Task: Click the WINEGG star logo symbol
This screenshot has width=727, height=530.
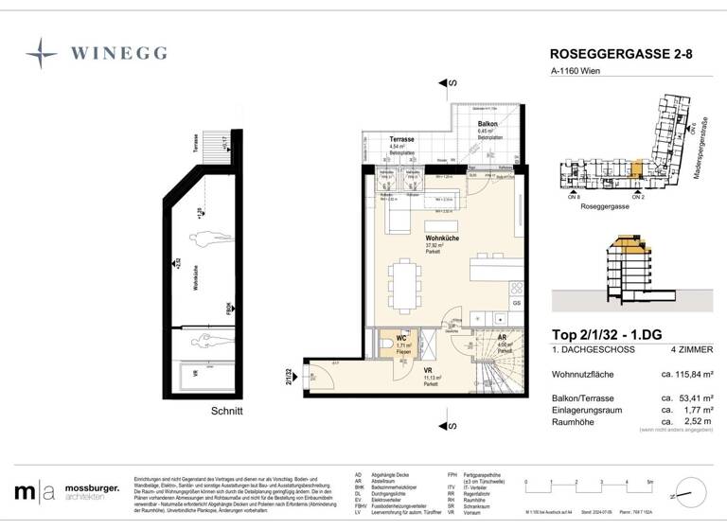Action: click(41, 54)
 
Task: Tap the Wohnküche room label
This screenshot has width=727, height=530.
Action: click(442, 238)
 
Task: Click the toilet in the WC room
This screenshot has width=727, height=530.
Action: click(387, 344)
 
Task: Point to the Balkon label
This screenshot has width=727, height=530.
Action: click(488, 124)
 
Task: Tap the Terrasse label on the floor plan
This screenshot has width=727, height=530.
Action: click(402, 138)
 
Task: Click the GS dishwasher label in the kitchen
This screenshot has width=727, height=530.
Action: click(516, 303)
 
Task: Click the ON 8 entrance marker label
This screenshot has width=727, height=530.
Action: click(574, 197)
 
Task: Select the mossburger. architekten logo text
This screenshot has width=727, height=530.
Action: click(91, 492)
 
